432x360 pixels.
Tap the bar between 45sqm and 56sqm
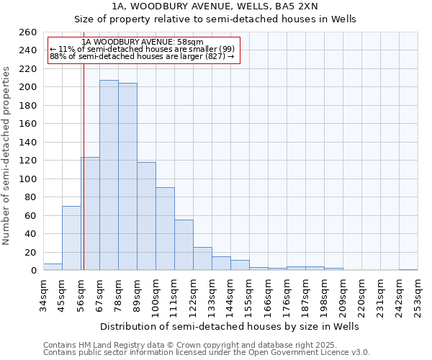click(71, 238)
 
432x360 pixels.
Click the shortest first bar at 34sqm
click(53, 267)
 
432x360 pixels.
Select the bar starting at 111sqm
click(184, 245)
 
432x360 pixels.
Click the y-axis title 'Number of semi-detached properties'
click(7, 155)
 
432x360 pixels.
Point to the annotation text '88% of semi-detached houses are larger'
click(142, 57)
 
